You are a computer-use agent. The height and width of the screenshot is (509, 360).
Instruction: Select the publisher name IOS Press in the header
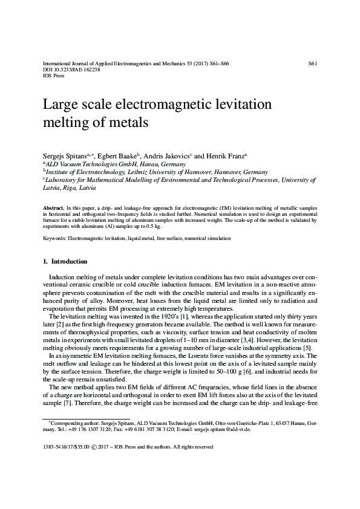pyautogui.click(x=54, y=76)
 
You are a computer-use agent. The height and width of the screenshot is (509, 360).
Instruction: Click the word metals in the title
pyautogui.click(x=127, y=122)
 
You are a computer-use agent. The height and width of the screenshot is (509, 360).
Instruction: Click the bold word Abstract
pyautogui.click(x=54, y=207)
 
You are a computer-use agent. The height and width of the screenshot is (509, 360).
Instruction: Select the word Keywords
pyautogui.click(x=54, y=239)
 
